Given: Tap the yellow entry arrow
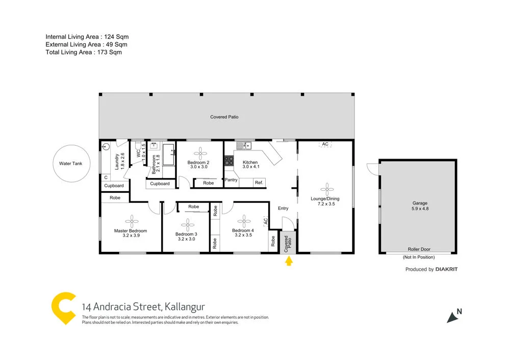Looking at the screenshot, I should (289, 262).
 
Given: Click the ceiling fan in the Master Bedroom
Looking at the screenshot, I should (131, 221).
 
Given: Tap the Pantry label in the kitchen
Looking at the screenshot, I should (231, 180).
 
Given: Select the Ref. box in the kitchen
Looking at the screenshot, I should (259, 182).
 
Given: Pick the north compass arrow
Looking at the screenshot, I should (452, 317).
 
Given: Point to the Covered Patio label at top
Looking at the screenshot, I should (224, 117).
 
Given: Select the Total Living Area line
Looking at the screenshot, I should (84, 52).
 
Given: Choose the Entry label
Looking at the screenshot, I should (283, 208).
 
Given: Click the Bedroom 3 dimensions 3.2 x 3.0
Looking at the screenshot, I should (187, 239).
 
